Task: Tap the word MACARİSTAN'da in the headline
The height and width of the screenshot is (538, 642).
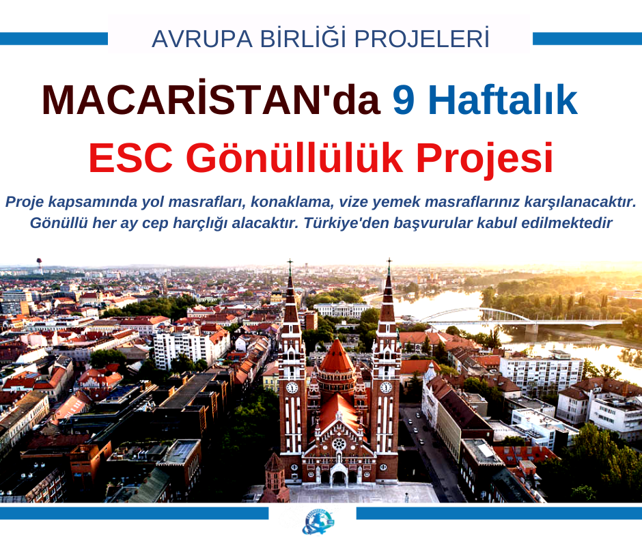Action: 211,100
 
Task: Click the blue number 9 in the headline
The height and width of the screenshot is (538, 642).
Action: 403,100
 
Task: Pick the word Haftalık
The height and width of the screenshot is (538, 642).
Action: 503,100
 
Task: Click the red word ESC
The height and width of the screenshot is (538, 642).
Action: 131,158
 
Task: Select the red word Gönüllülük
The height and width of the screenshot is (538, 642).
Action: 295,158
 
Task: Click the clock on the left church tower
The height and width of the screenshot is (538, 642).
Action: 292,387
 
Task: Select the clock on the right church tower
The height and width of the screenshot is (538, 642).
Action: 386,387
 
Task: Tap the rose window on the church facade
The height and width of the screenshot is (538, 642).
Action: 339,443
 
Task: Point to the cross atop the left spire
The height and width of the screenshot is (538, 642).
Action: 290,264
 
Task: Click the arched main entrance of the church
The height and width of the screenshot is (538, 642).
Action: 339,476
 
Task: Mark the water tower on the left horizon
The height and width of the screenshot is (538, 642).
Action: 40,266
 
